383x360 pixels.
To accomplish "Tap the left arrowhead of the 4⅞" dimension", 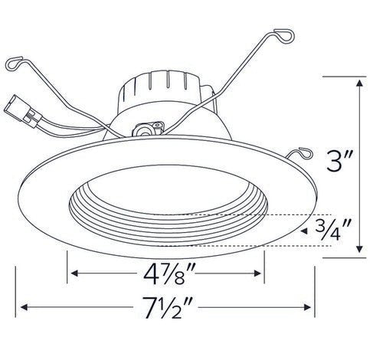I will (74, 273).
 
